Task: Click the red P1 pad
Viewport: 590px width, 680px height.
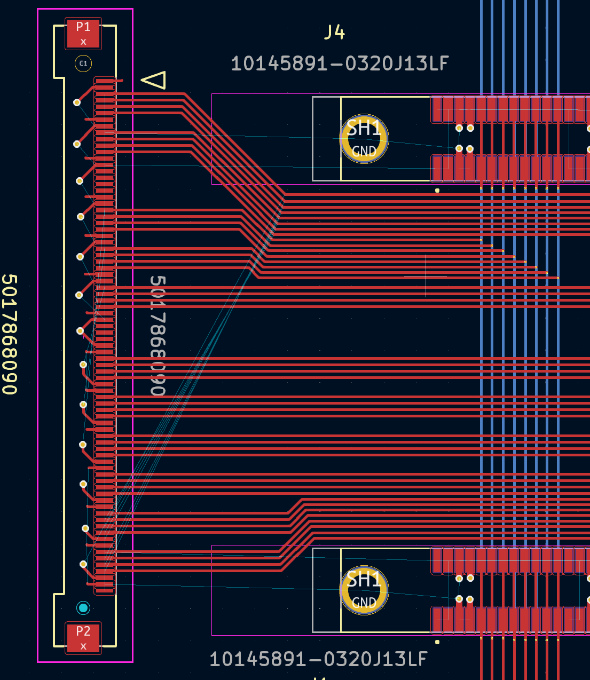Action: tap(83, 33)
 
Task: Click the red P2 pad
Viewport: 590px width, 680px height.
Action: tap(83, 637)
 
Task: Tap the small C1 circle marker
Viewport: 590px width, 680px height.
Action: tap(83, 64)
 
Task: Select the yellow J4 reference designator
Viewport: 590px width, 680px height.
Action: tap(335, 33)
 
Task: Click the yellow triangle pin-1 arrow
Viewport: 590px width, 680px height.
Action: tap(155, 80)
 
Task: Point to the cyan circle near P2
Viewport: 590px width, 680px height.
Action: tap(83, 607)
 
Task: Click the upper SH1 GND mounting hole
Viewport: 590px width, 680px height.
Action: tap(364, 139)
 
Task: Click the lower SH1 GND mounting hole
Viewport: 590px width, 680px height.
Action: tap(364, 590)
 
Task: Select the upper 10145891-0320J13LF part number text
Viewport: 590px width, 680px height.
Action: tap(340, 64)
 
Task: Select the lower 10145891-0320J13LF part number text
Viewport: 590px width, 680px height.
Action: tap(318, 659)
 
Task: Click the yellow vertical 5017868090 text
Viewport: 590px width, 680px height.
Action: tap(10, 334)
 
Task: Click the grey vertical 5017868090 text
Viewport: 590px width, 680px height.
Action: tap(158, 335)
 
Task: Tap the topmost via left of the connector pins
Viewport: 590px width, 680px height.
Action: tap(77, 102)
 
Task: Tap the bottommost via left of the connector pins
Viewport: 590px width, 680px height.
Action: tap(83, 564)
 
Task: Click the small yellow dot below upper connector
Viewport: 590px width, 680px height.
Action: tap(437, 191)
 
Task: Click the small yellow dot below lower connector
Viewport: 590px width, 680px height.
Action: tap(437, 642)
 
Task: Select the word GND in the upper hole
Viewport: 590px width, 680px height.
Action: tap(364, 152)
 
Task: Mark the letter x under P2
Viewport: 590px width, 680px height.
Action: tap(83, 646)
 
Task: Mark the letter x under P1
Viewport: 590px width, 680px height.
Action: tap(83, 42)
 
